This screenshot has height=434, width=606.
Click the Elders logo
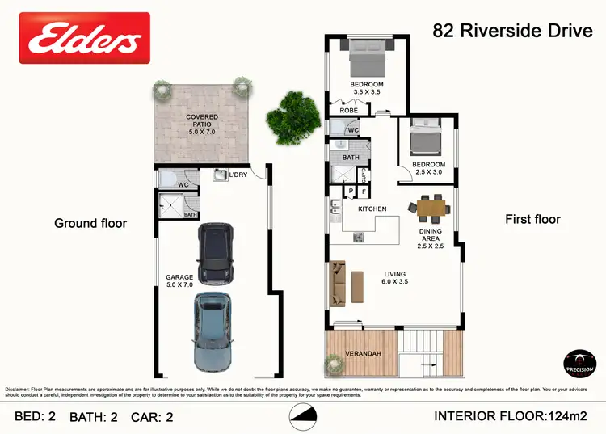pyautogui.click(x=85, y=37)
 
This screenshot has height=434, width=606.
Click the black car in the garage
pyautogui.click(x=216, y=253)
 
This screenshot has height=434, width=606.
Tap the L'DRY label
pyautogui.click(x=238, y=175)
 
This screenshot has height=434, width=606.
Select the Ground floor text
pyautogui.click(x=90, y=223)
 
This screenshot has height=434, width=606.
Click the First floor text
pyautogui.click(x=532, y=219)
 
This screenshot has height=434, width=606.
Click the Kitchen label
pyautogui.click(x=372, y=209)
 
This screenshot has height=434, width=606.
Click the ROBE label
pyautogui.click(x=349, y=111)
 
